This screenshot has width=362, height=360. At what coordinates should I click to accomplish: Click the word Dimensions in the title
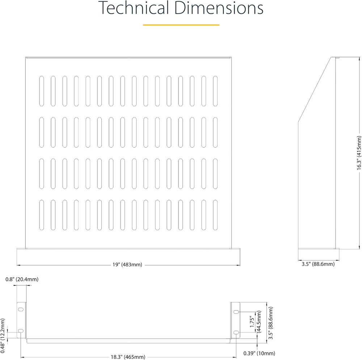(219, 8)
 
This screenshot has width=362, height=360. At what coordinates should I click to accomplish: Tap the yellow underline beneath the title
(181, 25)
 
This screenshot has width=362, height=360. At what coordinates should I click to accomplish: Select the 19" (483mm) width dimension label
(127, 265)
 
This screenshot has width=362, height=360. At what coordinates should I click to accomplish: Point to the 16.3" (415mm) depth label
(359, 153)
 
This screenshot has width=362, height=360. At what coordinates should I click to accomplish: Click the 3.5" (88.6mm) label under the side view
(318, 264)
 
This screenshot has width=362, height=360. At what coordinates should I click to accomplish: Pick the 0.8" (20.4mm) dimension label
(22, 279)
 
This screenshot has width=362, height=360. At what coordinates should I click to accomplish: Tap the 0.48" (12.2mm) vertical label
(3, 336)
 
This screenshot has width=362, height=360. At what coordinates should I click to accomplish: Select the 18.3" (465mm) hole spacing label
(128, 357)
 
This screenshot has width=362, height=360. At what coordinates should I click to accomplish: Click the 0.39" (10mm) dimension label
(259, 353)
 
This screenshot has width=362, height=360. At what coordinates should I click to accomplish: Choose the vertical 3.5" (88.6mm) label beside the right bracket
(271, 323)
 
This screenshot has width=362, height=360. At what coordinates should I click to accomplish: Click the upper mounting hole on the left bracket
(21, 309)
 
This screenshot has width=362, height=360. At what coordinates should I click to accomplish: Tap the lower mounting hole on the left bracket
(21, 331)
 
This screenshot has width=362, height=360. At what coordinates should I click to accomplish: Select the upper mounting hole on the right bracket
(236, 312)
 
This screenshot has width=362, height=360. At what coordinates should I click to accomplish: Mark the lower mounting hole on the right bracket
(236, 332)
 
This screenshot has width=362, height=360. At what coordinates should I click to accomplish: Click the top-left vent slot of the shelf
(42, 91)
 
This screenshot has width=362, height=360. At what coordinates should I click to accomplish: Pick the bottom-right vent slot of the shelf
(215, 215)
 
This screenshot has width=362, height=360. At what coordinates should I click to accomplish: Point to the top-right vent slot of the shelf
(215, 91)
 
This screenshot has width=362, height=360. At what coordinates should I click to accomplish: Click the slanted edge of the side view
(315, 89)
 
